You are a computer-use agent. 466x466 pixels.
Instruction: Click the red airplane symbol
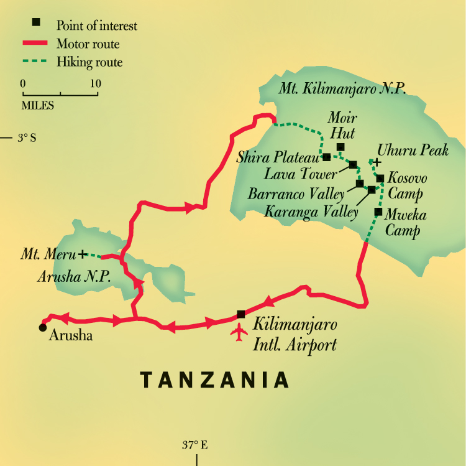(x=239, y=333)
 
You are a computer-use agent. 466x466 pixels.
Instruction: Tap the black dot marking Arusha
(x=42, y=327)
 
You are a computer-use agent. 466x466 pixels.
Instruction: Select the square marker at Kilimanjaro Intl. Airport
(x=241, y=314)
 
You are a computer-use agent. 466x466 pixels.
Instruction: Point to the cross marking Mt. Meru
(x=81, y=254)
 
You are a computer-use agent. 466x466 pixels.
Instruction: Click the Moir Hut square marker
(x=340, y=147)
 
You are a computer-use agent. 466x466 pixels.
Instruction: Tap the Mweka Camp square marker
(x=378, y=212)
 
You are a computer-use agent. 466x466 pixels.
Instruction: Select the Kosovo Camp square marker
(x=380, y=179)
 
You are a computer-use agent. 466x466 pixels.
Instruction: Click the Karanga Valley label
(x=311, y=212)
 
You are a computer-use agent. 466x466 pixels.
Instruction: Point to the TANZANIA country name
(x=214, y=380)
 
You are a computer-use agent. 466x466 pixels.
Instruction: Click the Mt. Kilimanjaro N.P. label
(x=342, y=88)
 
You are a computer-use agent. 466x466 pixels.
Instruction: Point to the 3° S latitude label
(x=27, y=137)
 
